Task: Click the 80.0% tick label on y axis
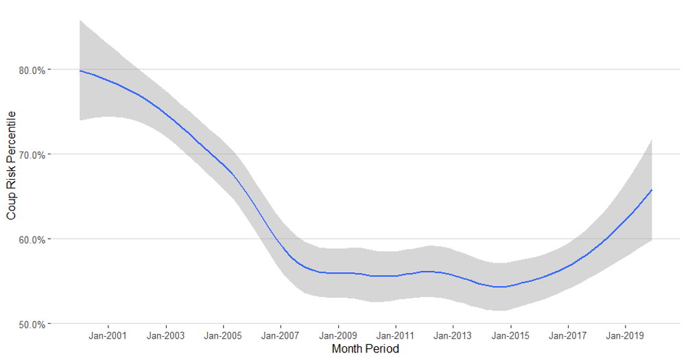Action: pos(31,70)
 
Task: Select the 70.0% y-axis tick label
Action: pos(31,154)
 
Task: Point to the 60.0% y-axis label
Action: pos(31,239)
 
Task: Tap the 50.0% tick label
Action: pos(31,324)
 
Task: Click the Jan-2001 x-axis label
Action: pos(108,336)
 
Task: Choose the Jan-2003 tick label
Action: pos(166,336)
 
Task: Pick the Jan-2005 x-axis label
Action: pos(224,336)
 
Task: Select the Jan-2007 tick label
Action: pos(281,336)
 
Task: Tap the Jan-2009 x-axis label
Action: pos(338,336)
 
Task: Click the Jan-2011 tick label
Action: pos(395,336)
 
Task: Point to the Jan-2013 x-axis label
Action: pos(453,336)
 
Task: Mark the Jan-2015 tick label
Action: pos(510,336)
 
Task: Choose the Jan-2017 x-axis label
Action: pos(567,336)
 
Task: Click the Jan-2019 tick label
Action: pos(625,336)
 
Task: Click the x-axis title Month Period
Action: pos(365,349)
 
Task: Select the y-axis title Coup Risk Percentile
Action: pos(11,165)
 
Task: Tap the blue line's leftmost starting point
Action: pos(80,71)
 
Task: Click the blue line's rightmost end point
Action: pos(651,190)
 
